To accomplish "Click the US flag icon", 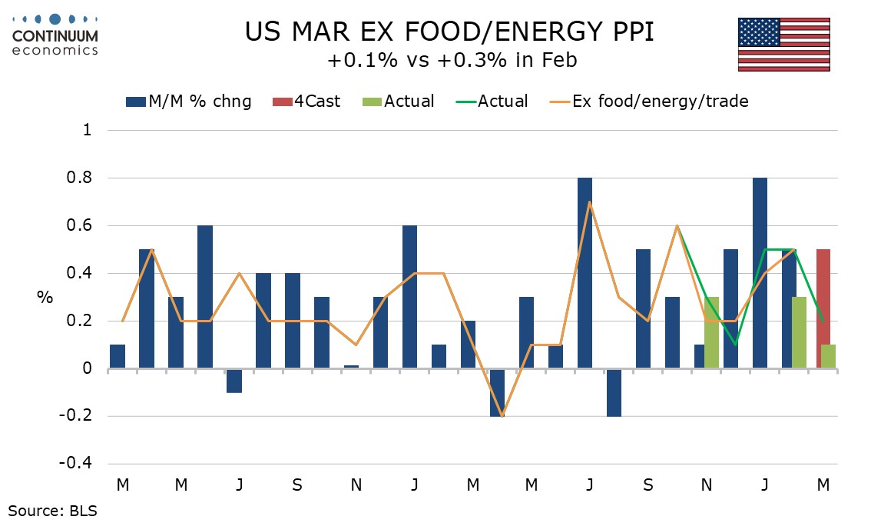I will (783, 45).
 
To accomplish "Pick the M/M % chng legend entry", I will (188, 101).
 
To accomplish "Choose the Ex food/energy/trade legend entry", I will (649, 101).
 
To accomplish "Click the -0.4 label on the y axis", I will (78, 465).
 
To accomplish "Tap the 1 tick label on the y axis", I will (87, 131).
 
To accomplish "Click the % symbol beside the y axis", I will (45, 298).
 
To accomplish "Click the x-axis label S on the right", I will (649, 485).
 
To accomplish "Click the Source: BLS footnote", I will (53, 509).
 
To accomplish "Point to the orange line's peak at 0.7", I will (589, 202).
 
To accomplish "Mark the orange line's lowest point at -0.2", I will (502, 416).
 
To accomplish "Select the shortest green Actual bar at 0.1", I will (829, 357).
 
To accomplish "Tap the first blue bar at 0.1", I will (118, 357).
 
